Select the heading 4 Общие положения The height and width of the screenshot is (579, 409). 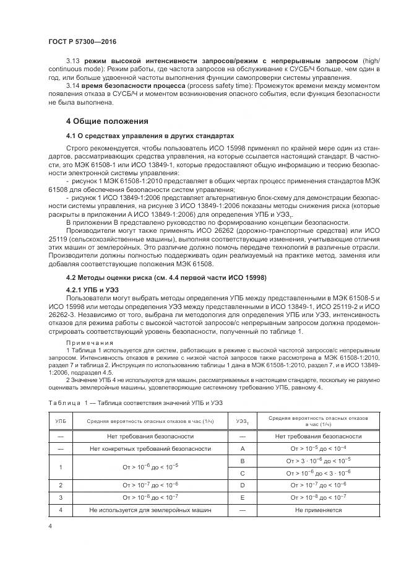pyautogui.click(x=108, y=121)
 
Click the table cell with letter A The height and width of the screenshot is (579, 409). pyautogui.click(x=243, y=448)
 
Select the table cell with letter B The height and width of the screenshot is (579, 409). pyautogui.click(x=243, y=461)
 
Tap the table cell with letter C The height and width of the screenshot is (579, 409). pyautogui.click(x=243, y=472)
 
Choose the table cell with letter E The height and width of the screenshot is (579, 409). pyautogui.click(x=243, y=497)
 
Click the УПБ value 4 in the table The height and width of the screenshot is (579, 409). pyautogui.click(x=61, y=510)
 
